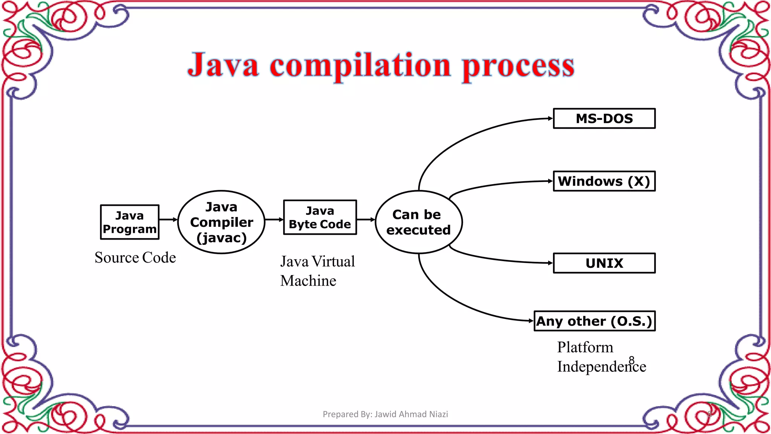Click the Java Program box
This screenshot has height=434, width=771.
pos(130,222)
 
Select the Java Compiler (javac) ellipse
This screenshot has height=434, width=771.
pos(221,222)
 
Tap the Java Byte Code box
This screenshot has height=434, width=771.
pos(320,217)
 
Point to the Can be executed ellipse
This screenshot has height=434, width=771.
pos(419,222)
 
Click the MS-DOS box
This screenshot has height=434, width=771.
pos(604,119)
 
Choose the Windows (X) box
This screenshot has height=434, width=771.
pos(604,181)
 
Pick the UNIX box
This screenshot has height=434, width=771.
pos(604,263)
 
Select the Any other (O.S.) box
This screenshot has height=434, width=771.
pos(594,321)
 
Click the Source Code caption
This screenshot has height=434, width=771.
pos(135,258)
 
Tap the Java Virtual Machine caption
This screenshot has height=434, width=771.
pos(317,271)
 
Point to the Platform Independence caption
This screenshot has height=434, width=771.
pos(601,357)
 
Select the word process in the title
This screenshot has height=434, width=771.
pos(518,66)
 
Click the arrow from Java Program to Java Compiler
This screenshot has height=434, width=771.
pos(168,219)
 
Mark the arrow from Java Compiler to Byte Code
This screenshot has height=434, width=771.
pos(274,219)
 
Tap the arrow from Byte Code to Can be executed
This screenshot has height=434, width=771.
pos(366,219)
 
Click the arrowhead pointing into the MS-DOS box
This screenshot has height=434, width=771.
pos(550,118)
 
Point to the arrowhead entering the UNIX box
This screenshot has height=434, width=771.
pos(550,263)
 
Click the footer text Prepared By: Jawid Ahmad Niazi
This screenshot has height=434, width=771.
pos(385,414)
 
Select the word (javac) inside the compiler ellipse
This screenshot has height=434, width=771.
pos(221,238)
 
